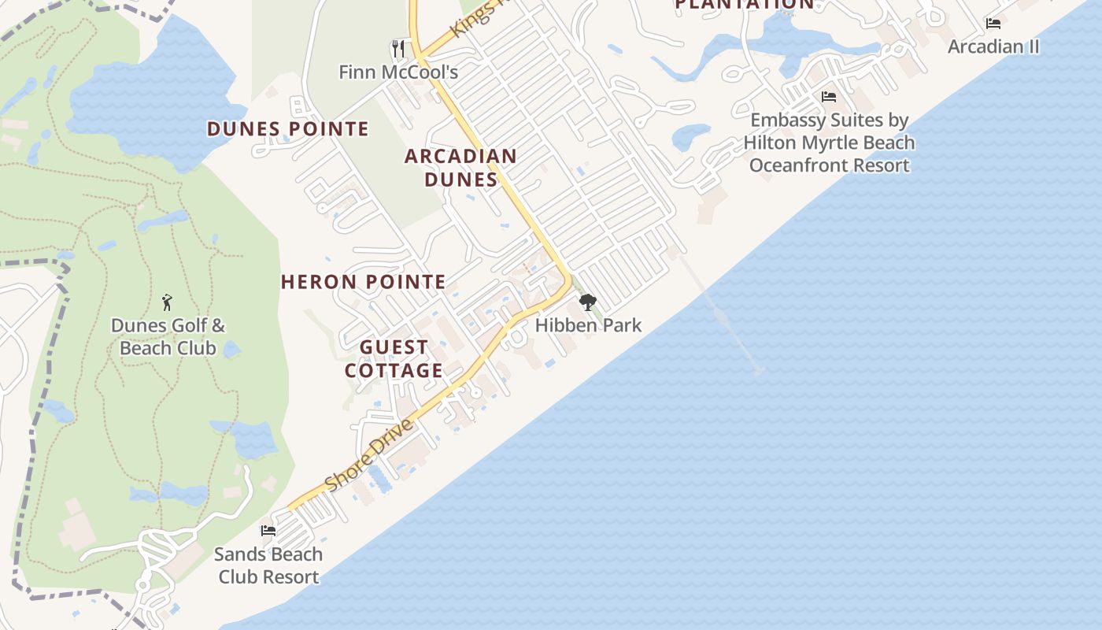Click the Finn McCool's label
[x=398, y=72]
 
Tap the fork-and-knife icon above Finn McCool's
[x=398, y=50]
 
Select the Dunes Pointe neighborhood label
[x=288, y=129]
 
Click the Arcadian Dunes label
[x=460, y=168]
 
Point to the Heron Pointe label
[x=364, y=282]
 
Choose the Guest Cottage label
[x=394, y=359]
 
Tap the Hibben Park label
[x=588, y=325]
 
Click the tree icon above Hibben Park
[x=587, y=303]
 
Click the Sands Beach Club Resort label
[x=268, y=565]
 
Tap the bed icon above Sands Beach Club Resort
[x=268, y=531]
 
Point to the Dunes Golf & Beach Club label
[x=168, y=337]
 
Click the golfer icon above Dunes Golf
[x=167, y=302]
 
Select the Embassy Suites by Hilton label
[x=829, y=143]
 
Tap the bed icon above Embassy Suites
[x=828, y=97]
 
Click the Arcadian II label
[x=993, y=46]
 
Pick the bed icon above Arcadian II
[x=993, y=24]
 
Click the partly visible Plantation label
[x=745, y=5]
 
